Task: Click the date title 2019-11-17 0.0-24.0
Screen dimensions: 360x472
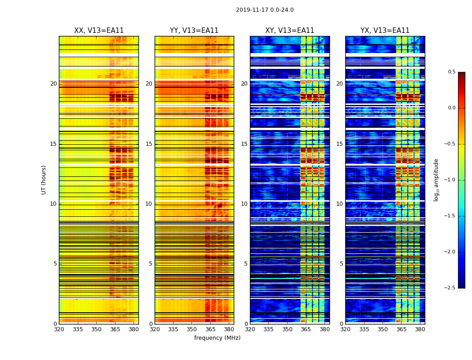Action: tap(265, 10)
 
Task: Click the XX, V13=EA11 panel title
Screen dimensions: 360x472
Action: tap(99, 31)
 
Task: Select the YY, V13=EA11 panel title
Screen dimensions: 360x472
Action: tap(194, 31)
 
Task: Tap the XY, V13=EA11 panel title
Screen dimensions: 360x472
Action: tap(289, 31)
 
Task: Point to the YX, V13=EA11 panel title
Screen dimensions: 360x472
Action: tap(385, 31)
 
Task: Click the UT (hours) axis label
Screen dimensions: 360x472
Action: tap(44, 180)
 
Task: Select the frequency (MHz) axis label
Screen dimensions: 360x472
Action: tap(217, 338)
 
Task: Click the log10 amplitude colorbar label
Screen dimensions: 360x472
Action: tap(436, 180)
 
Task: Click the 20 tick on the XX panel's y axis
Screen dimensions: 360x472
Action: tap(53, 84)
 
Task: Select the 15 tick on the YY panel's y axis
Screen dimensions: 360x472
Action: tap(149, 144)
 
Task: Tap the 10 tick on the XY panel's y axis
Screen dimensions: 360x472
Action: tap(244, 204)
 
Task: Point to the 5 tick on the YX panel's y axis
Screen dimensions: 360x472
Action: tap(341, 264)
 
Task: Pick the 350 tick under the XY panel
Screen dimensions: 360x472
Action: tap(287, 329)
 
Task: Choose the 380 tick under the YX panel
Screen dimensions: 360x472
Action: tap(420, 329)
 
